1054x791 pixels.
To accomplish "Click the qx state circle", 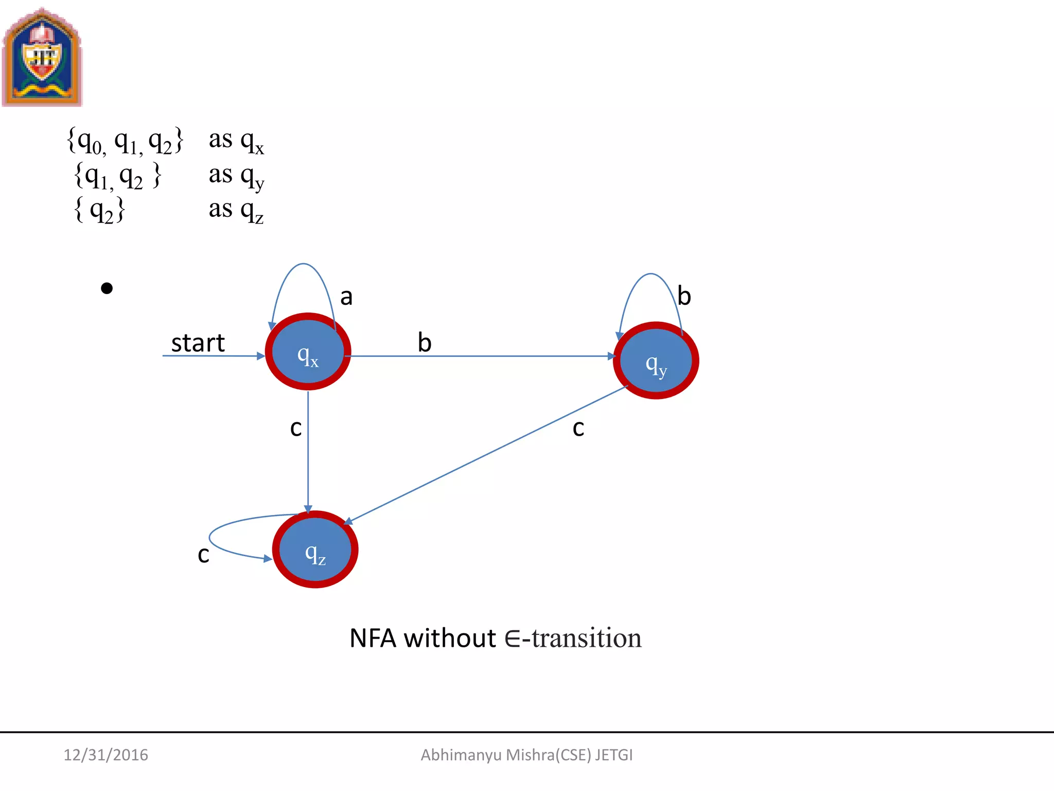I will pyautogui.click(x=308, y=352).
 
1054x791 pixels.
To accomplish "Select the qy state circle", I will pyautogui.click(x=656, y=360).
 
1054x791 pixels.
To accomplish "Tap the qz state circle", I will pyautogui.click(x=315, y=549).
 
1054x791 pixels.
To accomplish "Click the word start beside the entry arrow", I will pyautogui.click(x=198, y=343).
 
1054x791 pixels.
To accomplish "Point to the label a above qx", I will pyautogui.click(x=346, y=297).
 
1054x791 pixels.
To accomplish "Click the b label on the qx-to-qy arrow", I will pyautogui.click(x=425, y=342).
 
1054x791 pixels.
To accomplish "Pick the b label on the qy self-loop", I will pyautogui.click(x=684, y=296).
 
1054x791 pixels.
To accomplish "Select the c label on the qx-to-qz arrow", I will pyautogui.click(x=296, y=428).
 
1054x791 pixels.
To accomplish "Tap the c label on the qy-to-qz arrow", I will pyautogui.click(x=578, y=428).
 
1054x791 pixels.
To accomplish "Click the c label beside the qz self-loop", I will pyautogui.click(x=204, y=555).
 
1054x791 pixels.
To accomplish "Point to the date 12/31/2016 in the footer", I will pyautogui.click(x=106, y=755).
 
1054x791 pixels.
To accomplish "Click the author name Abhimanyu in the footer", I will pyautogui.click(x=461, y=755).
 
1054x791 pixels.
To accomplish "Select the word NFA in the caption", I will pyautogui.click(x=373, y=639).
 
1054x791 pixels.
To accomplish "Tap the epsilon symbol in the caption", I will pyautogui.click(x=513, y=639).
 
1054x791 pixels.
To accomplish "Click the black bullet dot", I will pyautogui.click(x=107, y=288).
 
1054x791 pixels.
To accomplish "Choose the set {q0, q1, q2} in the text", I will pyautogui.click(x=125, y=141).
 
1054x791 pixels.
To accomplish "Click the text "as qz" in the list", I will pyautogui.click(x=236, y=211).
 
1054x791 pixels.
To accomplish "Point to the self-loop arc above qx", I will pyautogui.click(x=304, y=265).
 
